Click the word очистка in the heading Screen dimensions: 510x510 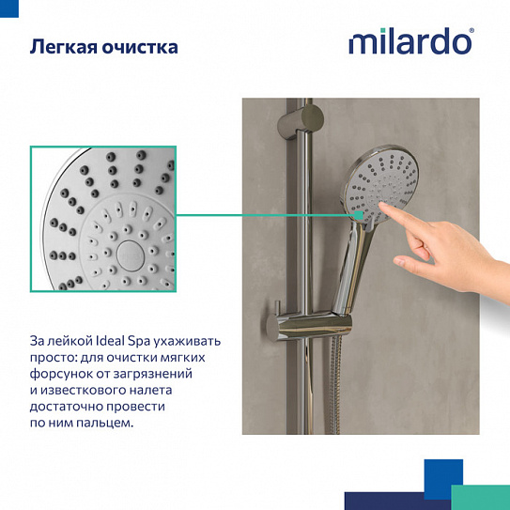point(141,46)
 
